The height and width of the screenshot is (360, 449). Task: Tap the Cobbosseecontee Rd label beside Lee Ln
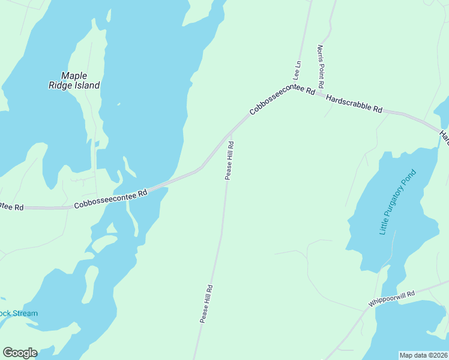pos(282,100)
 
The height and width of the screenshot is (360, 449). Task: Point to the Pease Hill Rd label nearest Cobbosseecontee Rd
pos(229,160)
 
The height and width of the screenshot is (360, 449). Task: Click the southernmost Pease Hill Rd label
pos(207,304)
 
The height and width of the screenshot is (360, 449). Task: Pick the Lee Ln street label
pos(296,71)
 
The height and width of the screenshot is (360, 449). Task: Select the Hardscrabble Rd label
pos(354,104)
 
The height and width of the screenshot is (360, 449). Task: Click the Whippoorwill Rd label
pos(392,299)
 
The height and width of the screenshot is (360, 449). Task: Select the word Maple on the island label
pos(74,76)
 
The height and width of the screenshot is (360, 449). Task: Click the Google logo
pos(20,353)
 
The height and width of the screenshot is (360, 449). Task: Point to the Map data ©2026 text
pos(423,355)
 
